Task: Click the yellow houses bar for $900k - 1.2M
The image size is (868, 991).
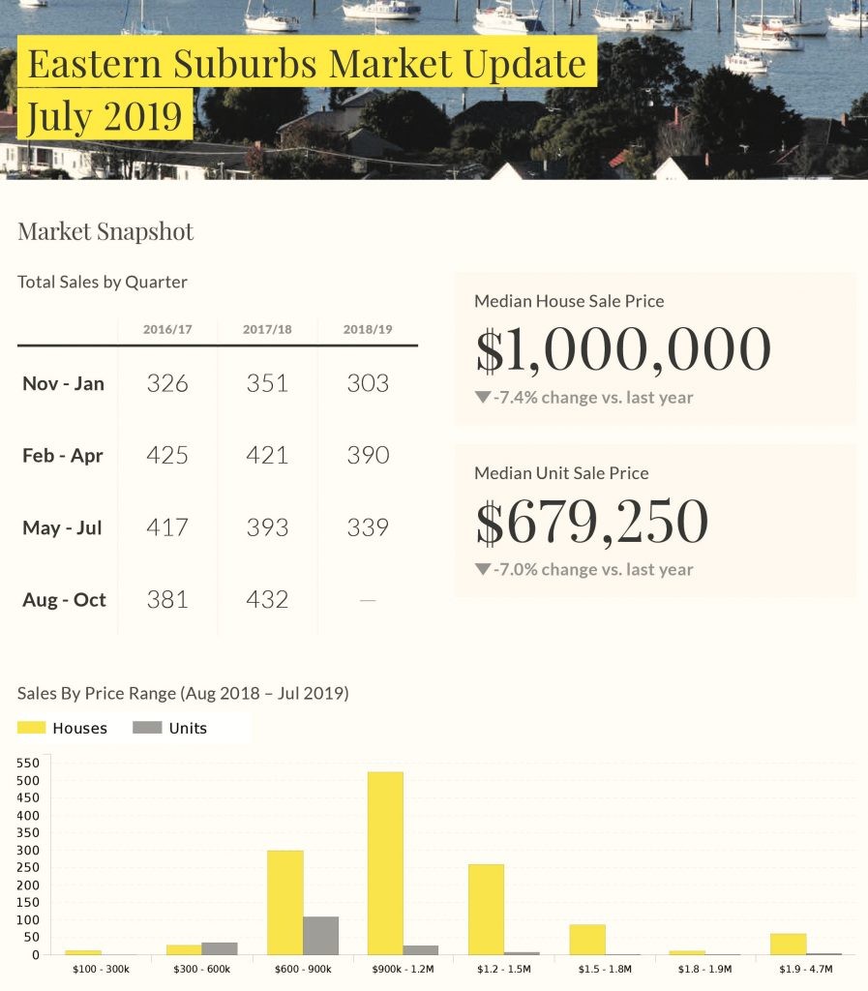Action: tap(385, 862)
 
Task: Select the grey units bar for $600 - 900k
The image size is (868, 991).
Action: tap(320, 935)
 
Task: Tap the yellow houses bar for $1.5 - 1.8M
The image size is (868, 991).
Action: tap(586, 940)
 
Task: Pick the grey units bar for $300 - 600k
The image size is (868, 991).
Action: tap(220, 948)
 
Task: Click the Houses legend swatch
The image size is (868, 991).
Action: tap(32, 728)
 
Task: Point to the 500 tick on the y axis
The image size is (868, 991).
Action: tap(28, 781)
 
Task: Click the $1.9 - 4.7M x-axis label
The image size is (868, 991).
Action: tap(805, 969)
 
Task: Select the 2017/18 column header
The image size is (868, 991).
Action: tap(267, 329)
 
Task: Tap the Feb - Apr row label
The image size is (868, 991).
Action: tap(63, 456)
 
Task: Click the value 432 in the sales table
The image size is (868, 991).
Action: tap(267, 600)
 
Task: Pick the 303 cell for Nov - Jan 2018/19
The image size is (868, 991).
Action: tap(368, 383)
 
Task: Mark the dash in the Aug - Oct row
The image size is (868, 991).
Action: tap(368, 600)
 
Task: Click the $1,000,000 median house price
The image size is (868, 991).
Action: tap(623, 350)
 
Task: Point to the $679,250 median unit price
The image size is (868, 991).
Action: tap(592, 522)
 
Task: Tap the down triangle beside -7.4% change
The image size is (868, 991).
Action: tap(483, 397)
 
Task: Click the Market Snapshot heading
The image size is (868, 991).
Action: tap(105, 232)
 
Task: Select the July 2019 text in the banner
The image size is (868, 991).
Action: tap(105, 115)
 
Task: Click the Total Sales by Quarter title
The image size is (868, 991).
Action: tap(103, 283)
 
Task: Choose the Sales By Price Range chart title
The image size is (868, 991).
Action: tap(183, 694)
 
